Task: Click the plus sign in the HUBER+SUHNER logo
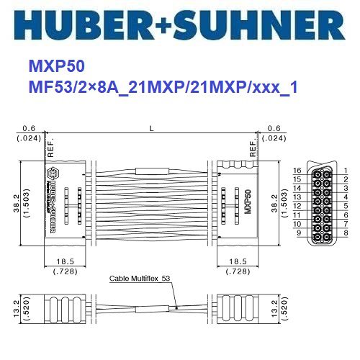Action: pos(181,25)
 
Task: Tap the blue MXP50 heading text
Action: pos(57,66)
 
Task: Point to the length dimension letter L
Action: pos(150,128)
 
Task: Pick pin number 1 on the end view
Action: pos(346,171)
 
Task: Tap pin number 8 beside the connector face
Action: pos(346,233)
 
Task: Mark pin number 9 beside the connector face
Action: pos(297,233)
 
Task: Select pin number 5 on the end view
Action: pos(346,206)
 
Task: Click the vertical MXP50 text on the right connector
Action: pos(247,198)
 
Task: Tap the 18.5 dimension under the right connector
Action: pos(237,262)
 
